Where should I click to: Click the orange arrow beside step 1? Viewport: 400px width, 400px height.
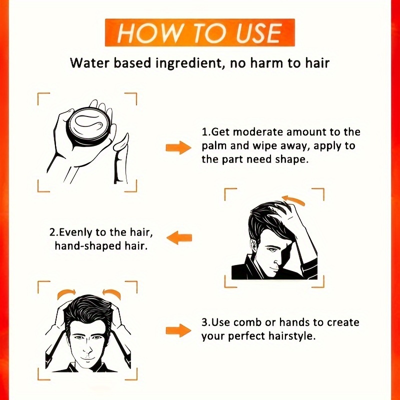178,147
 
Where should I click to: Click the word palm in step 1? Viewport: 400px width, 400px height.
214,146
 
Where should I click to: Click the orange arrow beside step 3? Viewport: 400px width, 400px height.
178,330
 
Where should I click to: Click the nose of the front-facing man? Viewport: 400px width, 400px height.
88,348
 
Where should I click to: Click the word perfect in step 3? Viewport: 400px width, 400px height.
247,336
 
